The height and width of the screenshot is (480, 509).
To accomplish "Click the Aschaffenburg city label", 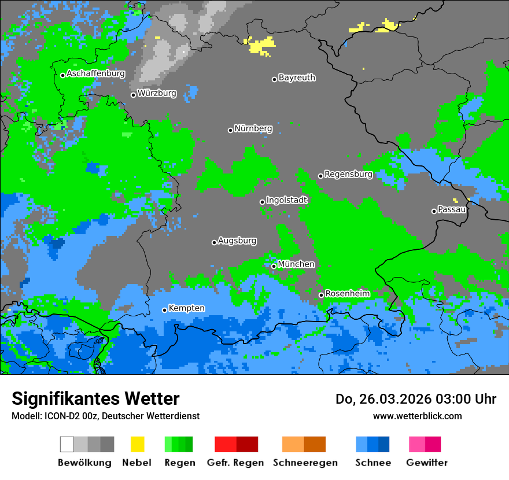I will point(95,74).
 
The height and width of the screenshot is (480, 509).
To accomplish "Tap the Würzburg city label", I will point(157,93).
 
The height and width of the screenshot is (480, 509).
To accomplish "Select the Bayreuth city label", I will point(297,77).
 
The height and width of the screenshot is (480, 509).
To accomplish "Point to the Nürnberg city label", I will point(253,128).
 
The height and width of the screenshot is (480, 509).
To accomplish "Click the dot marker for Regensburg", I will point(320,176).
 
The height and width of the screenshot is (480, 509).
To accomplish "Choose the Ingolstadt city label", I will point(287,200).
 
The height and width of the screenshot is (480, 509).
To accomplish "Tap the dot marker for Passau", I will point(434,211).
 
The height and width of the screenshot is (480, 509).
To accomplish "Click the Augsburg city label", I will point(237,241).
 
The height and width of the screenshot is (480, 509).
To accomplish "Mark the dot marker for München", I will point(274,266).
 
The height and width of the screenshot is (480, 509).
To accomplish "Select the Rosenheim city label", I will point(347,294).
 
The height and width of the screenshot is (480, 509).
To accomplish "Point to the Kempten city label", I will point(186,308).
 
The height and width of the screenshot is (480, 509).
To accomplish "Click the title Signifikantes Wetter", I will point(95,398).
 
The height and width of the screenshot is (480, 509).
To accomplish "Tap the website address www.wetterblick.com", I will point(417,416).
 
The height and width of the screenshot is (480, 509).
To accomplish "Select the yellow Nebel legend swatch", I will point(137,444).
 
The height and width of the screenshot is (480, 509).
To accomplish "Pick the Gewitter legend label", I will point(426,463).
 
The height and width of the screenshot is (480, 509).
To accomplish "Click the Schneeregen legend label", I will point(305,463).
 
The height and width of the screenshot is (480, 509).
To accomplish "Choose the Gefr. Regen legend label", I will point(235,463).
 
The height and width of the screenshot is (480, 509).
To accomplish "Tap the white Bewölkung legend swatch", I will point(67,444).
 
